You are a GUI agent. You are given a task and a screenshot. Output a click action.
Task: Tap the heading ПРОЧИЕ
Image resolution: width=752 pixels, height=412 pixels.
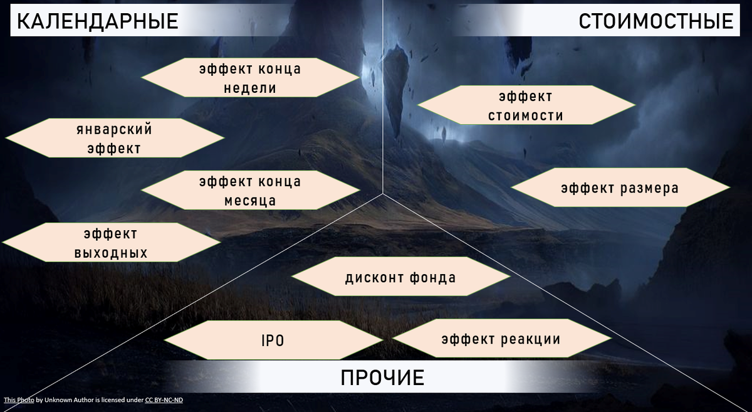[383, 378]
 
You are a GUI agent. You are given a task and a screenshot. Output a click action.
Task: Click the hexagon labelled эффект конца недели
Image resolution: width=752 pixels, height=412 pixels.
[250, 78]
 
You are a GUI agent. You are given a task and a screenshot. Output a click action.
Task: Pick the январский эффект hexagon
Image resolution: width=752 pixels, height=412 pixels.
[114, 138]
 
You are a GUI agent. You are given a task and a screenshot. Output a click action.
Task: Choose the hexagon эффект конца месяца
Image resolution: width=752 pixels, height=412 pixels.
[250, 191]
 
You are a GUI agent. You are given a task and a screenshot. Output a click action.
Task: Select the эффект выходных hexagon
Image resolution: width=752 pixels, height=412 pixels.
[111, 243]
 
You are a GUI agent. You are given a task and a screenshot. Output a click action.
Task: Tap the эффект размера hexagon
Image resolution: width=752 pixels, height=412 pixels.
[620, 188]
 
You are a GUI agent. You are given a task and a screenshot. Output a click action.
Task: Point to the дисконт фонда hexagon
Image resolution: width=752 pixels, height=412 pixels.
[400, 277]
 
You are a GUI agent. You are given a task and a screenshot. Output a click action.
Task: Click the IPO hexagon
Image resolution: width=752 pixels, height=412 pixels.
[273, 341]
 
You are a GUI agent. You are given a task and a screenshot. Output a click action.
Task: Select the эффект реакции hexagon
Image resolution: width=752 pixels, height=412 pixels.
[501, 339]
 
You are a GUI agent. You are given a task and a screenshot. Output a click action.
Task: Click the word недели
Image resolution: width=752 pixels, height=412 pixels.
[250, 88]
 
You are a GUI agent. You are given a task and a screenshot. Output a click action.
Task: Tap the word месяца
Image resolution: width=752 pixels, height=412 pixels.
[250, 201]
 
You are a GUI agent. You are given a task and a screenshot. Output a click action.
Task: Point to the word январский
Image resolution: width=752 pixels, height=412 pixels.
[114, 129]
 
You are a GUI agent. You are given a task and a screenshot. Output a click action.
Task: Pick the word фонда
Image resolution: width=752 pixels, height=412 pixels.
[433, 277]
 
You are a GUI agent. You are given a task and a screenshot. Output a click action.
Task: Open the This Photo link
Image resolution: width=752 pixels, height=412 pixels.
[19, 399]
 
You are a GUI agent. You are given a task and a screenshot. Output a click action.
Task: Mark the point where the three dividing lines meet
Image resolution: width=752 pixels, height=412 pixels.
[383, 194]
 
